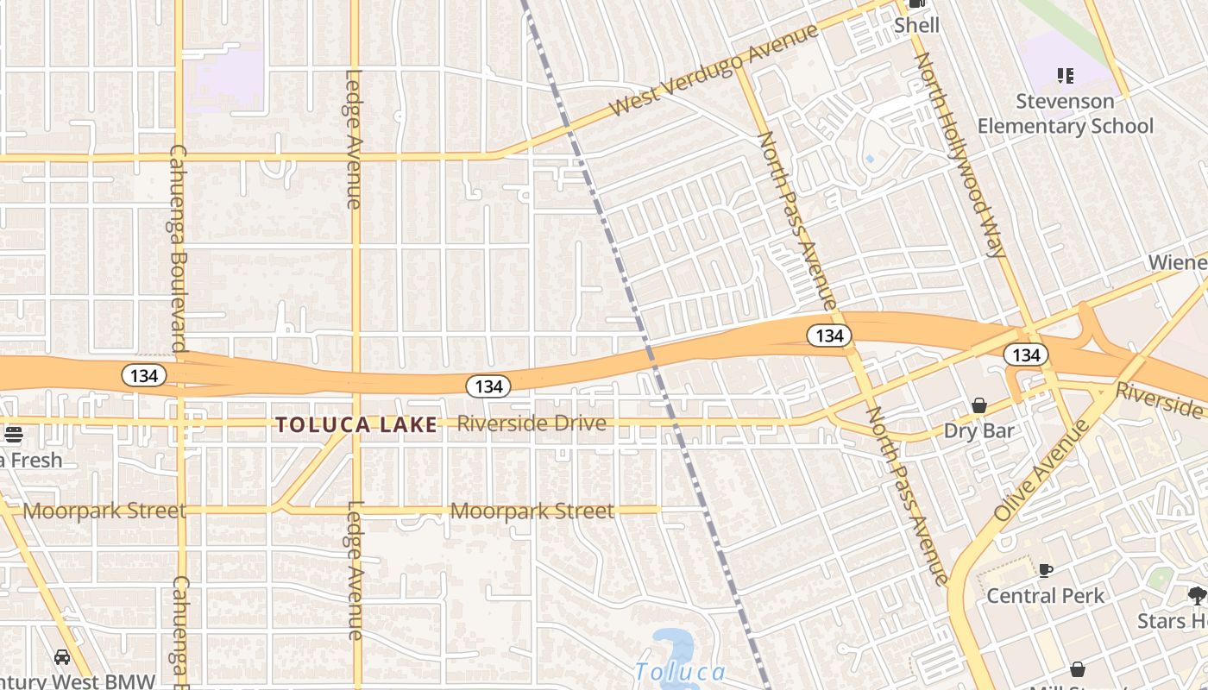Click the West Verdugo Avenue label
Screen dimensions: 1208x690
click(x=713, y=71)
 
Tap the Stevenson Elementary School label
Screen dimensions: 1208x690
click(x=1065, y=114)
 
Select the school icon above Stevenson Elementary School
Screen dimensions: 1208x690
click(x=1066, y=76)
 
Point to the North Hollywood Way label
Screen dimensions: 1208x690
click(x=960, y=155)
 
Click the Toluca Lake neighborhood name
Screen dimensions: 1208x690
click(x=357, y=424)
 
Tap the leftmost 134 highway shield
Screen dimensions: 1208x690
click(x=143, y=375)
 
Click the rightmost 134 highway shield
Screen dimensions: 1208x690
click(x=1026, y=354)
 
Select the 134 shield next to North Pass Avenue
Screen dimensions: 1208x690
click(x=829, y=336)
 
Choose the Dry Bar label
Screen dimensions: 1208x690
click(x=978, y=430)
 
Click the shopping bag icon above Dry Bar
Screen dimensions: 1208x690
click(x=979, y=405)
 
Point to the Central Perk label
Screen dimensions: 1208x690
click(x=1045, y=596)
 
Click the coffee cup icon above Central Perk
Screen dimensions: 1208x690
click(x=1046, y=570)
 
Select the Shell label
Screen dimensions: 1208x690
click(x=916, y=25)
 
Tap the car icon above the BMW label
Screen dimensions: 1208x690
click(x=62, y=657)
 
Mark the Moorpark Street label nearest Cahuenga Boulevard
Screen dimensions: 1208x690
click(x=104, y=511)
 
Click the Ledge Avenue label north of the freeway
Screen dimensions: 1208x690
click(x=353, y=139)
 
